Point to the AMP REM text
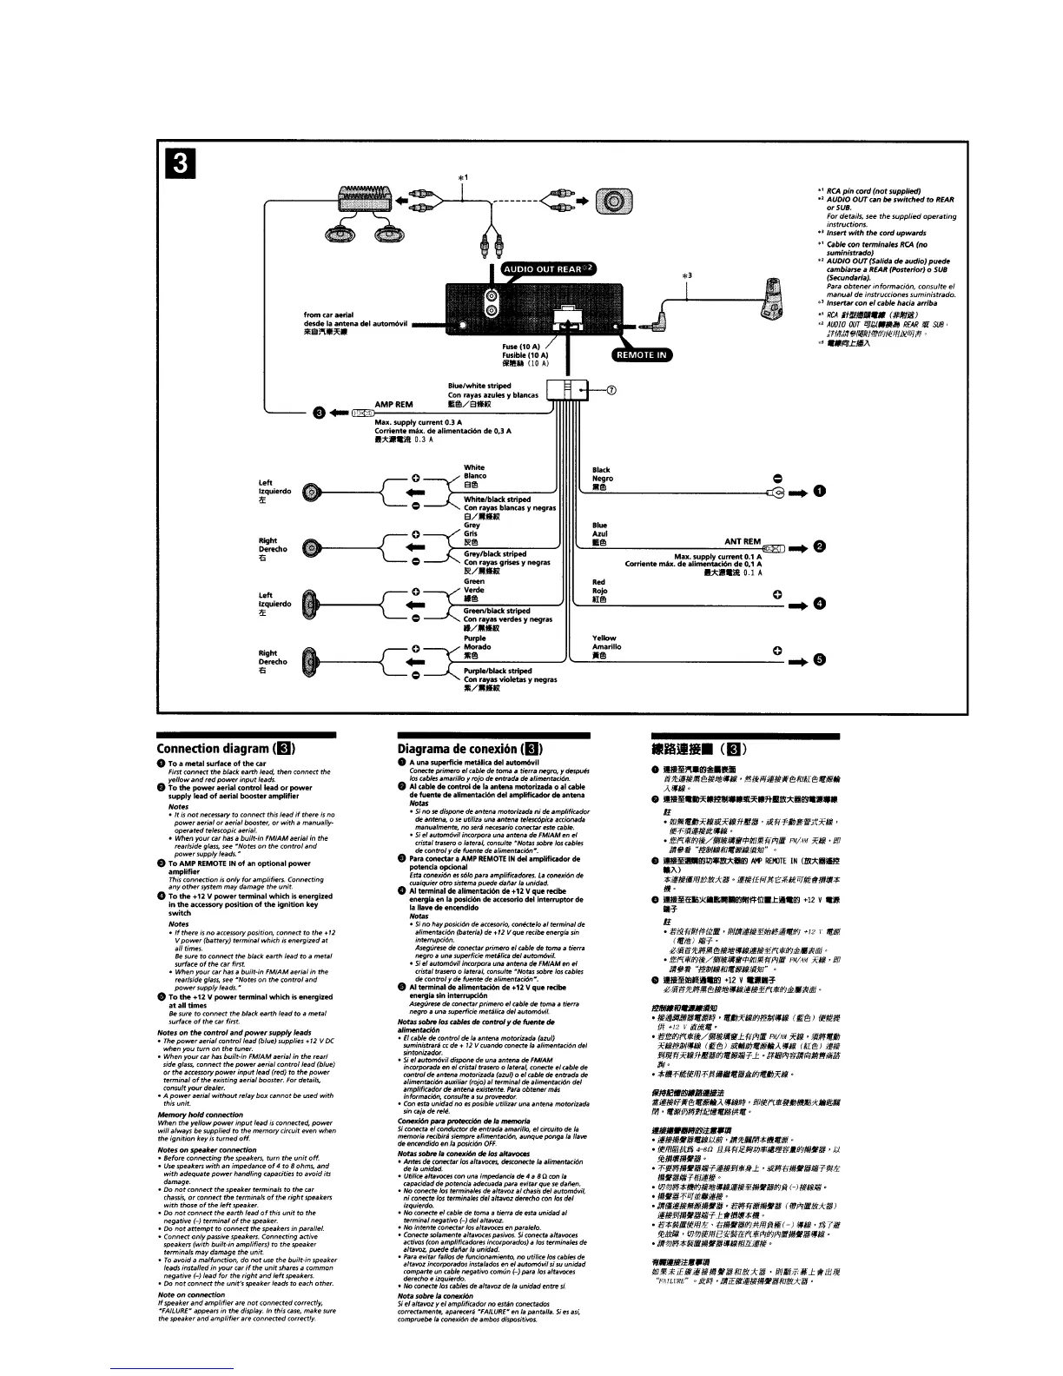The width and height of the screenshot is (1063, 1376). (x=393, y=404)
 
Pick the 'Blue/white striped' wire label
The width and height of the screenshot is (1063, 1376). (x=479, y=386)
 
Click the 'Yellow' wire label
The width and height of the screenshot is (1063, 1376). (x=604, y=638)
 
